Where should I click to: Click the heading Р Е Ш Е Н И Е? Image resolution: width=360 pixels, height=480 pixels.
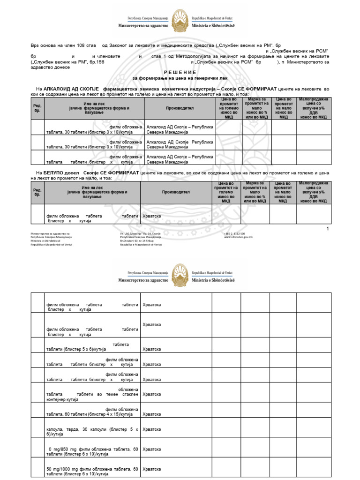[180, 72]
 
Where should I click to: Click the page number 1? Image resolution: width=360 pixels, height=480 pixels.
[328, 229]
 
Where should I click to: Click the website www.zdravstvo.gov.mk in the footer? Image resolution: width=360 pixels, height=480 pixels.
[239, 237]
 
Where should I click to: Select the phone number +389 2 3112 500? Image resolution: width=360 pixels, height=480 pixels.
[234, 233]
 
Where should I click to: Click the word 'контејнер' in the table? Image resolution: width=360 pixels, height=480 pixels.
[56, 400]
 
